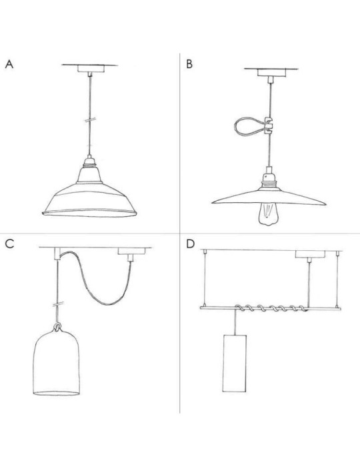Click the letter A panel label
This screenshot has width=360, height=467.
9,64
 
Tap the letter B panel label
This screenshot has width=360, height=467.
189,64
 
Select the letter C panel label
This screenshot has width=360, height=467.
9,244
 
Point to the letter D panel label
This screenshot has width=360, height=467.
190,244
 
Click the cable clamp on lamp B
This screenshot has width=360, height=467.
269,126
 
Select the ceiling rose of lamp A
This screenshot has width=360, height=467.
89,69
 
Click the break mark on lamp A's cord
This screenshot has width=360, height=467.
89,119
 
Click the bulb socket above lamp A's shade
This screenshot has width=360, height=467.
89,161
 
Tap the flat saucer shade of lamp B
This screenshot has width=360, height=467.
269,197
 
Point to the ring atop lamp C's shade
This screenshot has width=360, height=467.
57,327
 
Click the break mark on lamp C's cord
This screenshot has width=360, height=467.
58,304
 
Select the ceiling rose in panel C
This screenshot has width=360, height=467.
131,251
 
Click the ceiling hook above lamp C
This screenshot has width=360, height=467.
57,254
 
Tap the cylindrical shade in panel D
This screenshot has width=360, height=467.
235,363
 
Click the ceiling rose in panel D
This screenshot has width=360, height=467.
310,254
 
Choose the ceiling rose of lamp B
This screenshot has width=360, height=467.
271,73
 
